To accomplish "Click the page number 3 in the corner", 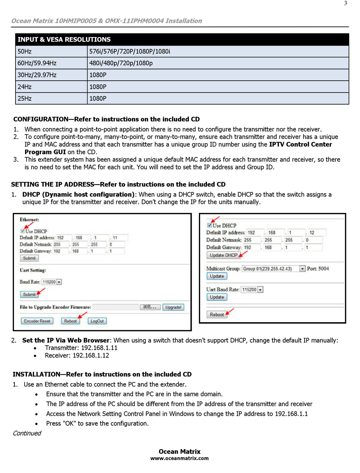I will [346, 4].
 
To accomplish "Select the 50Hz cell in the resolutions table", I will [25, 52].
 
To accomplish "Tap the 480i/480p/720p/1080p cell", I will [121, 63].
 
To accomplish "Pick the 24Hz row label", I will [25, 87].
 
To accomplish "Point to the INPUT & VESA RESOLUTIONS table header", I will [64, 39].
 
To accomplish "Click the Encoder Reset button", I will [37, 321].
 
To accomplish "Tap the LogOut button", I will [97, 321].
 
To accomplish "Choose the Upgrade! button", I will [174, 307].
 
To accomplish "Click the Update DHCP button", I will [224, 255].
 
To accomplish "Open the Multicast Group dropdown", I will [302, 269].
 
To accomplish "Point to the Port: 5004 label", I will [318, 269].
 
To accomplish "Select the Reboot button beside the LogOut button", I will [70, 321].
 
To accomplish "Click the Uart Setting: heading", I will [33, 270].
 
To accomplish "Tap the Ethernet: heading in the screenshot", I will [30, 219].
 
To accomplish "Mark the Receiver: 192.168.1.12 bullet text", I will [77, 356].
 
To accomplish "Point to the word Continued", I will [27, 433].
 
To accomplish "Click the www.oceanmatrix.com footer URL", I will [180, 458].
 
